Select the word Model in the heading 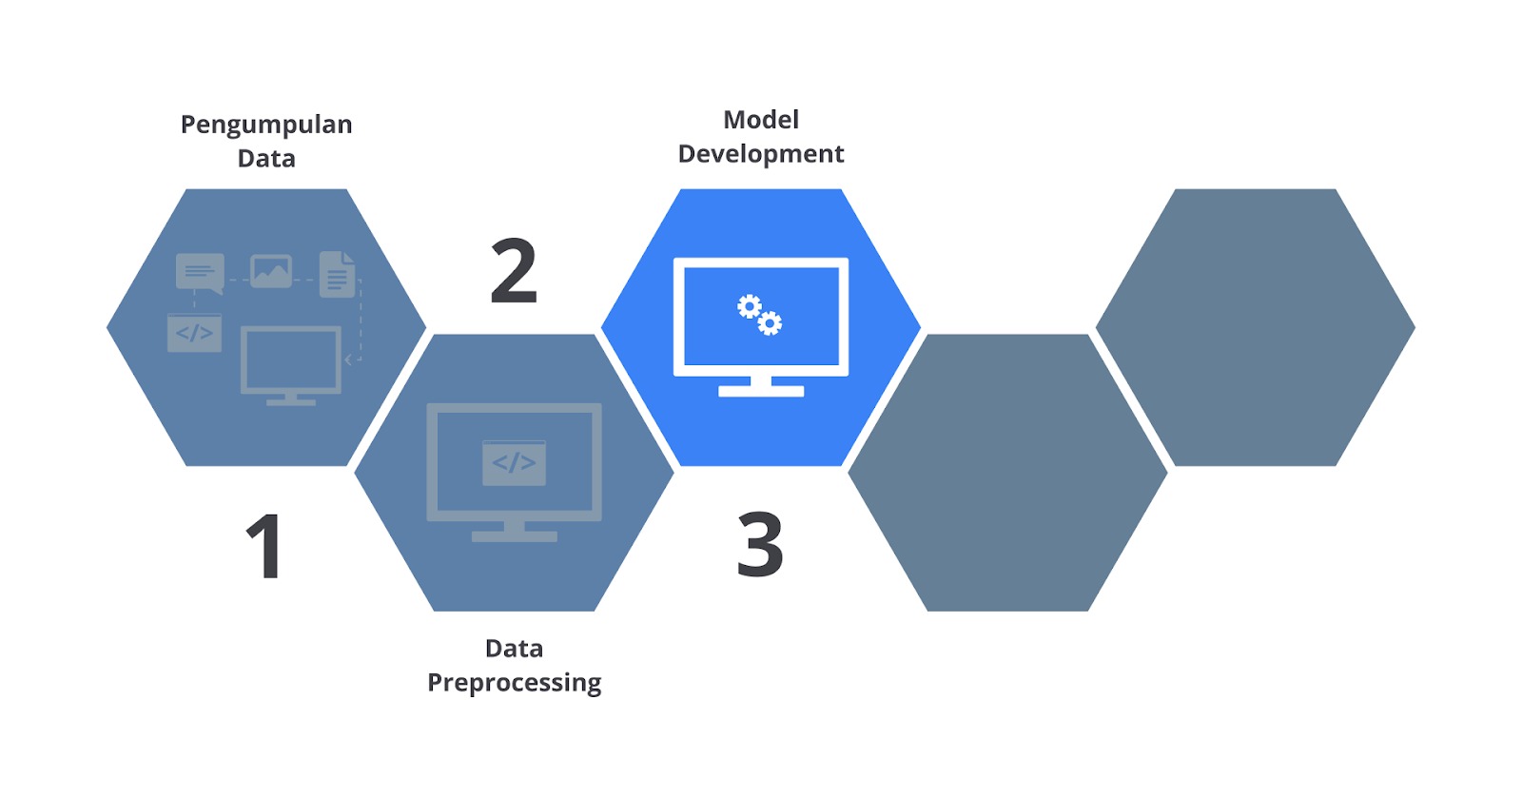coord(760,120)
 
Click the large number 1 coord(264,546)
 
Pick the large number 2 coord(514,270)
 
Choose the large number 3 coord(760,545)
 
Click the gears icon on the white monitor coord(760,315)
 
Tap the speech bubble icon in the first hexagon coord(200,273)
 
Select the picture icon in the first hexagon coord(271,271)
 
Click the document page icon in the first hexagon coord(338,275)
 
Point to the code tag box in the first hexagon coord(194,333)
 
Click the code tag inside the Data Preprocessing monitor coord(514,463)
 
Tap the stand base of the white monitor coord(761,391)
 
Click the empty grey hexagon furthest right coord(1255,327)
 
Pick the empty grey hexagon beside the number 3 coord(1007,473)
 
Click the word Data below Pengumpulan coord(266,159)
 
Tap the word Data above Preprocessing coord(515,649)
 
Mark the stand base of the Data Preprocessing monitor coord(515,536)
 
